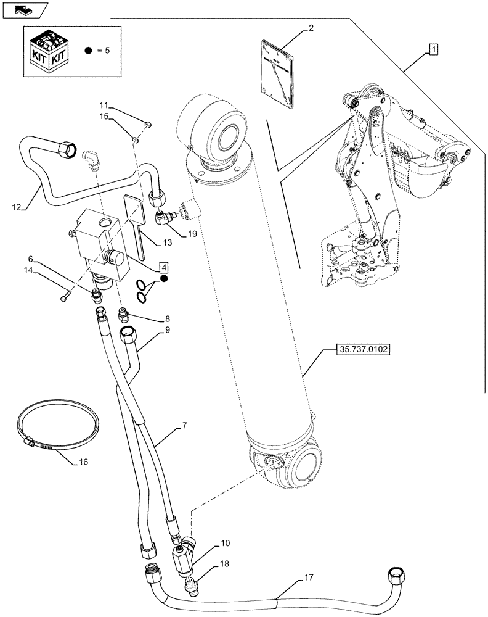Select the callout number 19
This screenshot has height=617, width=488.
coord(193,234)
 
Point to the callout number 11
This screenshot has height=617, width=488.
coord(104,105)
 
